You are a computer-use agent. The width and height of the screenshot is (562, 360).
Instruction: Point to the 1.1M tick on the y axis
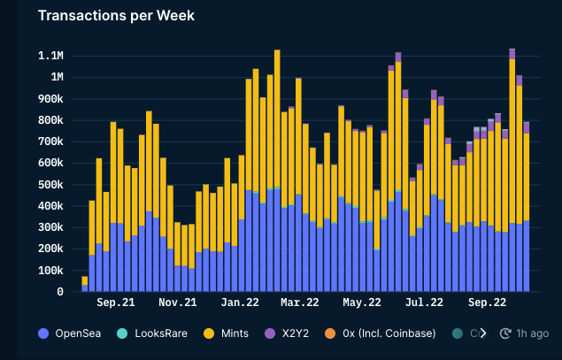(50, 56)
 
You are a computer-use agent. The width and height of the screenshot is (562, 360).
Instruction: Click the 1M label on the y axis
(56, 77)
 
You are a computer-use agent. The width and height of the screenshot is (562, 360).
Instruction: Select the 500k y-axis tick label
(49, 184)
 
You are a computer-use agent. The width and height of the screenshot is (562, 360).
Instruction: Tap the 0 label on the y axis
(60, 292)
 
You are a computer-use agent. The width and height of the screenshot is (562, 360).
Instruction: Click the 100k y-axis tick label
(49, 270)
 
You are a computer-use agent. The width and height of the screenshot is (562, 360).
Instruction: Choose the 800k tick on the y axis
(49, 120)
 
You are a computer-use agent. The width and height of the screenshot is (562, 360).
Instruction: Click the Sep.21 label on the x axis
(116, 303)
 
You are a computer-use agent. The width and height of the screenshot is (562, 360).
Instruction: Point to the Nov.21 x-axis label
(177, 303)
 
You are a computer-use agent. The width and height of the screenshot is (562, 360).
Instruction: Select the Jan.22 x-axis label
(238, 303)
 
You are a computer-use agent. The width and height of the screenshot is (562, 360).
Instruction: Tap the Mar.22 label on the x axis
(299, 303)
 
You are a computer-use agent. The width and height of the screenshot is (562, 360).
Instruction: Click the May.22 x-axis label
(361, 303)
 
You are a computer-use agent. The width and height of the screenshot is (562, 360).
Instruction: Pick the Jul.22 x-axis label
(424, 303)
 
